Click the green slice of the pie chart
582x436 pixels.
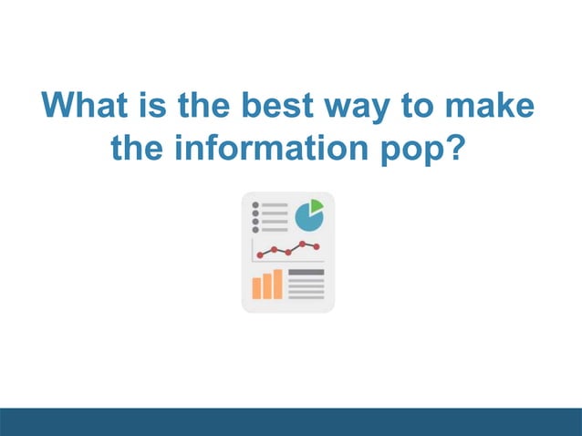(x=317, y=205)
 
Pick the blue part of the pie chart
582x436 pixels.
(x=307, y=219)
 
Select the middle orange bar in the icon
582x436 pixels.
(x=267, y=285)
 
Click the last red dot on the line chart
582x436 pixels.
(x=317, y=247)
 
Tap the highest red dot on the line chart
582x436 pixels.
(x=303, y=244)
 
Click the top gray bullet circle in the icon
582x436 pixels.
(x=255, y=205)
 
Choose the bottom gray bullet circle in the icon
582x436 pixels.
(x=255, y=229)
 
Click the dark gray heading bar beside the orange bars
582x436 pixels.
(x=306, y=273)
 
